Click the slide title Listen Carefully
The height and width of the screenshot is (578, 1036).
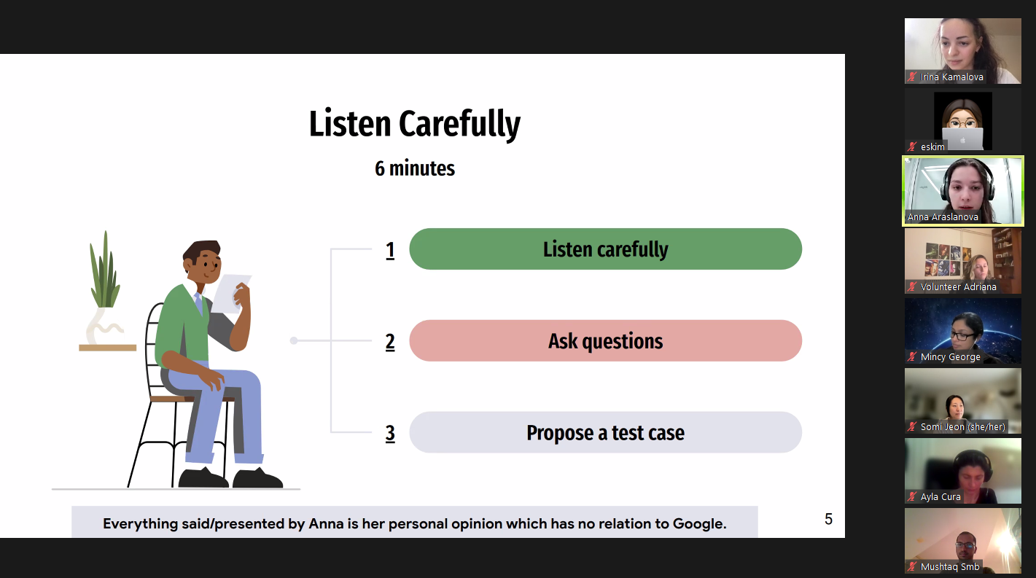tap(414, 124)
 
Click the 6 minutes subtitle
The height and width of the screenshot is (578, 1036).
tap(414, 168)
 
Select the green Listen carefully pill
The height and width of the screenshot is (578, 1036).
tap(605, 249)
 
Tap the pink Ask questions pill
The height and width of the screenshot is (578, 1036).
tap(605, 341)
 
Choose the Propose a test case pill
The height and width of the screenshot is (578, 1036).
tap(605, 432)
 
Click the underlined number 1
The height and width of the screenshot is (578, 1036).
tap(390, 251)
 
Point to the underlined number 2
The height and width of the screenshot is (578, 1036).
tap(390, 342)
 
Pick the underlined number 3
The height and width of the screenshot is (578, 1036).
tap(390, 434)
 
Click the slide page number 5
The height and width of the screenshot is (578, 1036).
tap(828, 519)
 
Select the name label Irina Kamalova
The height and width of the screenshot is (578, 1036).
tap(951, 77)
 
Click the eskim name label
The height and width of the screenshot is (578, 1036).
tap(932, 147)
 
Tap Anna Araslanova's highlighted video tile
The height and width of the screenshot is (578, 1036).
tap(963, 191)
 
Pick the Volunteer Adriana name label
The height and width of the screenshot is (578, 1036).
tap(958, 286)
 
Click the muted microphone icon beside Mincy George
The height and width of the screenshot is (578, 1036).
tap(911, 356)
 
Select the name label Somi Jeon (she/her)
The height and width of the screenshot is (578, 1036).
tap(963, 427)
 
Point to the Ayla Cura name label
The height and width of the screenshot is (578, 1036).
tap(940, 496)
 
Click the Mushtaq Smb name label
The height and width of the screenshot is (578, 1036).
tap(950, 566)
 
